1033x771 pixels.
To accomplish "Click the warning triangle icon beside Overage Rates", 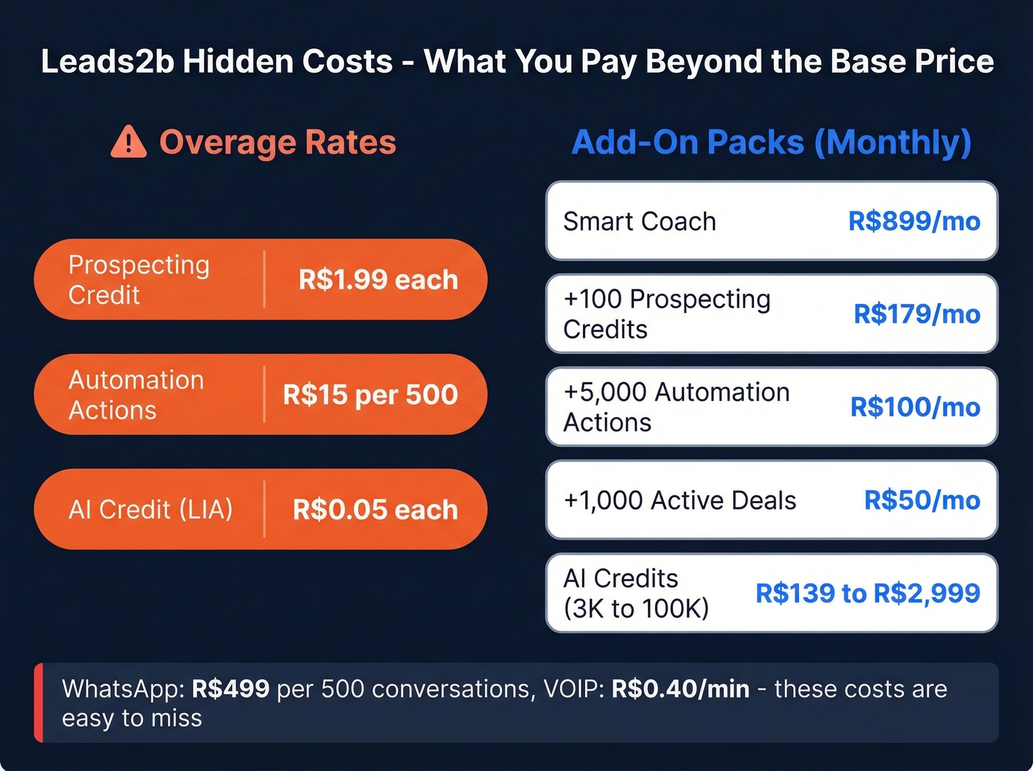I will pos(128,142).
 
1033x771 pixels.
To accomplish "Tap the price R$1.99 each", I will pos(378,280).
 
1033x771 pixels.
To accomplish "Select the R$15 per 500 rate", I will pos(370,395).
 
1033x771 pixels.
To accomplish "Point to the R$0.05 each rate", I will pos(375,509).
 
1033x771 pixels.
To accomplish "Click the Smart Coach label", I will pos(639,221).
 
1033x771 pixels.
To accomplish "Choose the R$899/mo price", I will pos(913,221).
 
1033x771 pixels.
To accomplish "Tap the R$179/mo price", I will pos(916,314).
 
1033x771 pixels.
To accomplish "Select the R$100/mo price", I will pos(915,407).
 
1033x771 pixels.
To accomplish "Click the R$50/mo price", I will pos(922,500).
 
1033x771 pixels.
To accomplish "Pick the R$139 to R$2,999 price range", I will pos(867,593).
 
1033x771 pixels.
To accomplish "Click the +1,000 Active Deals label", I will pos(680,500).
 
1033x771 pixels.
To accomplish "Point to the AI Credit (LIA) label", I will pos(151,509).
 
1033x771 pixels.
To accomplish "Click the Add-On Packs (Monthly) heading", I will pos(771,142).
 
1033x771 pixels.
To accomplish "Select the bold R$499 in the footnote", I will pos(230,689).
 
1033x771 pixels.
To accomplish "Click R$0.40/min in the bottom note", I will pos(680,689).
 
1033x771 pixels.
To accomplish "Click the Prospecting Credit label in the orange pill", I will pos(139,280).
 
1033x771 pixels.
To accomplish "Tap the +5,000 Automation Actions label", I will pos(676,407).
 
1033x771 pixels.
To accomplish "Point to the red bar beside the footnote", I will pos(38,702).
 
